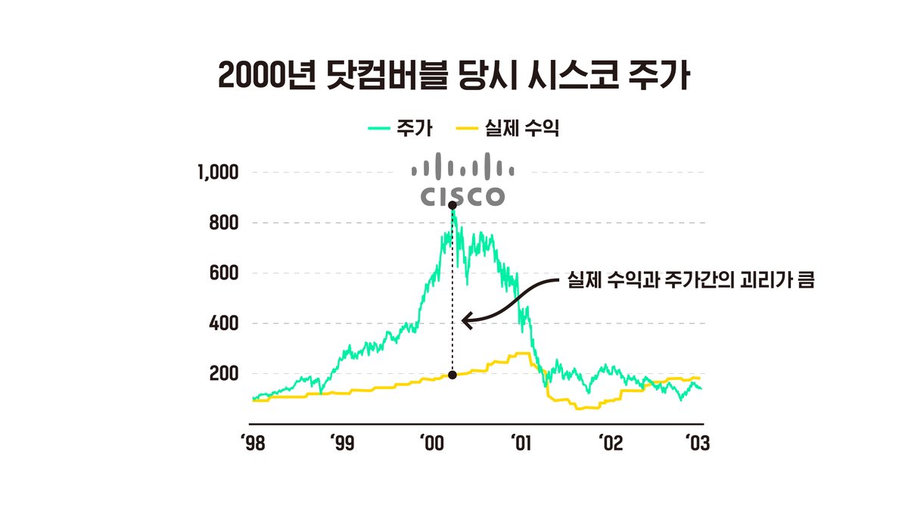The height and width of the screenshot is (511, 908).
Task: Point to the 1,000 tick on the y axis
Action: (218, 173)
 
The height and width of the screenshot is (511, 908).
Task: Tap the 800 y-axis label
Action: (225, 223)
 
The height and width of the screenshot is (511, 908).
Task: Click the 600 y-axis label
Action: (225, 273)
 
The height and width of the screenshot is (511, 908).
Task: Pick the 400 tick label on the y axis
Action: (225, 324)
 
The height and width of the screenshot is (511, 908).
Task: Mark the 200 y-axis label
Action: (225, 374)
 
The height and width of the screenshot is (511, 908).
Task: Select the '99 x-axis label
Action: (342, 443)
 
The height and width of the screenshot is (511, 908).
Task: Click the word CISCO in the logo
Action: (462, 196)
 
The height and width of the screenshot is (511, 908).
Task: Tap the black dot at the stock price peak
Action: (452, 205)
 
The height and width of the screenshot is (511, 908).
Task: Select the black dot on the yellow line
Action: (452, 375)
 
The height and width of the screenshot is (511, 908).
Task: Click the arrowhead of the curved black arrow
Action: (465, 321)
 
